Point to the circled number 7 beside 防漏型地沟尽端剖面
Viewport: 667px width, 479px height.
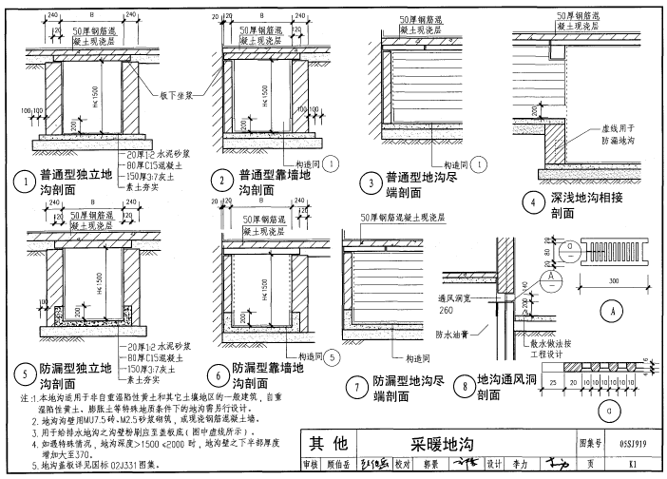(353, 387)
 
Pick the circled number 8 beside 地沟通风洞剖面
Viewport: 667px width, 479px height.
(463, 388)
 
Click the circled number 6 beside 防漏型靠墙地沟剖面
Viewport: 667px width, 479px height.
(219, 374)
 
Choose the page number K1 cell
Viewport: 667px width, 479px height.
(646, 463)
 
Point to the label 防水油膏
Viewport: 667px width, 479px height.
(454, 334)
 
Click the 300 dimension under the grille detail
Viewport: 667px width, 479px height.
(614, 281)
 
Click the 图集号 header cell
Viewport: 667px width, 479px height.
(591, 443)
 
